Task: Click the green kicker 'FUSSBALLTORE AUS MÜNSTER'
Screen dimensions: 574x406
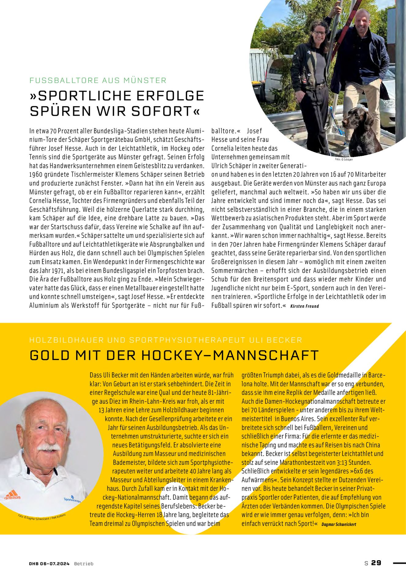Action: (x=98, y=81)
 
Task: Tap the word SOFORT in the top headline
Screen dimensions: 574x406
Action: (x=165, y=111)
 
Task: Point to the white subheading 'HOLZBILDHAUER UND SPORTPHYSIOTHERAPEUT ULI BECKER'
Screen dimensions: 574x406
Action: (x=166, y=340)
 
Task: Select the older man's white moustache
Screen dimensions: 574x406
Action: (x=48, y=447)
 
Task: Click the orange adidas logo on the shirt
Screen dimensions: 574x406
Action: (x=12, y=494)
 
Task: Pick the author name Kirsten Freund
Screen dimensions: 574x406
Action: (x=304, y=306)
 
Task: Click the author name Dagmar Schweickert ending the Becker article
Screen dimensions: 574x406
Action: (x=339, y=524)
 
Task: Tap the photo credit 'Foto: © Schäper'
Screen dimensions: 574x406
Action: (x=344, y=159)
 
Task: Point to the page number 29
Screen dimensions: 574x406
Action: (x=376, y=563)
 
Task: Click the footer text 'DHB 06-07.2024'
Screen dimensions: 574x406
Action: (x=49, y=563)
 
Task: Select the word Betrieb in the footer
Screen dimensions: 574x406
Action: (x=84, y=563)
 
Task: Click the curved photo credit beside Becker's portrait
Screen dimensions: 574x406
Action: (x=42, y=517)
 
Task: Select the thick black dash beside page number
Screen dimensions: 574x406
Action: (x=399, y=563)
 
